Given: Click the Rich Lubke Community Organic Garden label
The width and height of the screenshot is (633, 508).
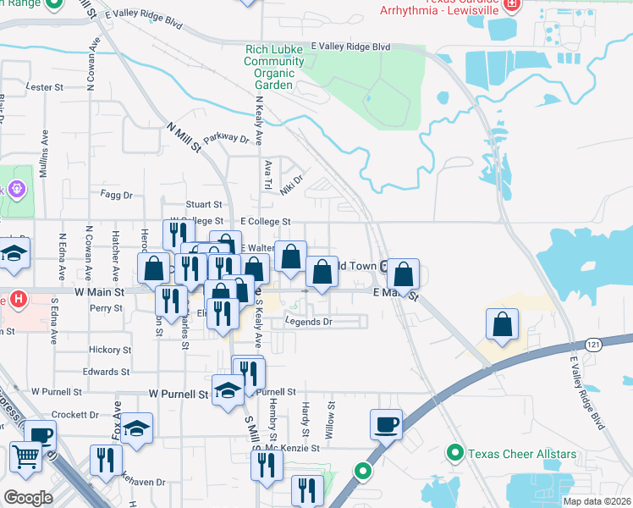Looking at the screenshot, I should [268, 68].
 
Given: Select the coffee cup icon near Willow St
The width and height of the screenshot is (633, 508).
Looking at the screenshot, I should [386, 423].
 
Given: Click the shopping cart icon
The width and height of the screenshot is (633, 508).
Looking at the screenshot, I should [26, 457].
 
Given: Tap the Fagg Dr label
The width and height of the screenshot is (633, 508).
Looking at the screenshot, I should [117, 195].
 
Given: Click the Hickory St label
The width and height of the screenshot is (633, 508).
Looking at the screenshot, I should [111, 350].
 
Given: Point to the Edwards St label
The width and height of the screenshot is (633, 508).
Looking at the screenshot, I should [106, 372].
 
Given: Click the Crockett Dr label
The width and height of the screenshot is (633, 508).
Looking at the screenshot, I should [75, 415].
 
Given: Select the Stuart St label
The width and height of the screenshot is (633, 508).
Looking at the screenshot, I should [204, 205].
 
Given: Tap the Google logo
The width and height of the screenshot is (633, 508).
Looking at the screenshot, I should [28, 497].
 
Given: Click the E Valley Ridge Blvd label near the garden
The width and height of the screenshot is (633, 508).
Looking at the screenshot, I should [350, 47].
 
